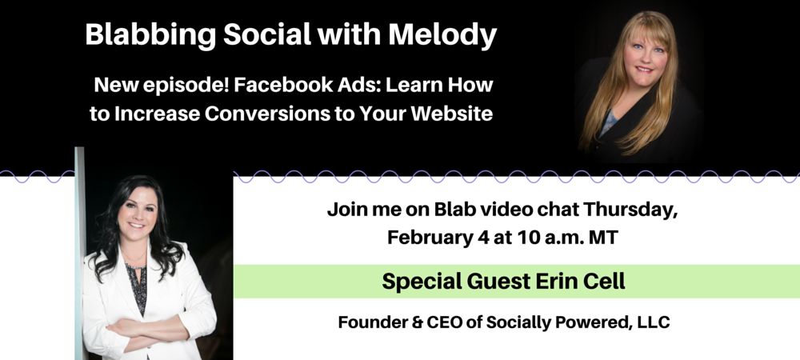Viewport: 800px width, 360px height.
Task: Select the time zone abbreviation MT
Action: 604,238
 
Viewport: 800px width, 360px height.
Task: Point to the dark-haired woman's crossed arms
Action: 146,330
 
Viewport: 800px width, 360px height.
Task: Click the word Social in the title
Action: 268,35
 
